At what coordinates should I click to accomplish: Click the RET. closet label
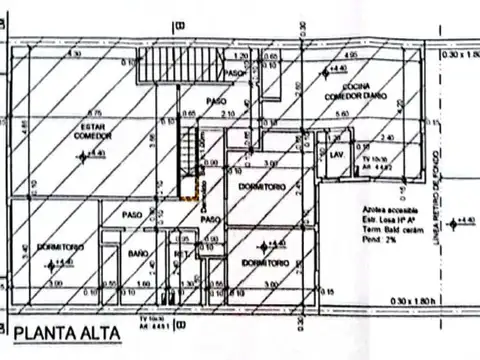click(181, 254)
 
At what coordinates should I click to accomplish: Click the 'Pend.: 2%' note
click(371, 241)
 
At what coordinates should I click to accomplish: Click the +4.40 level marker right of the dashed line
click(457, 221)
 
